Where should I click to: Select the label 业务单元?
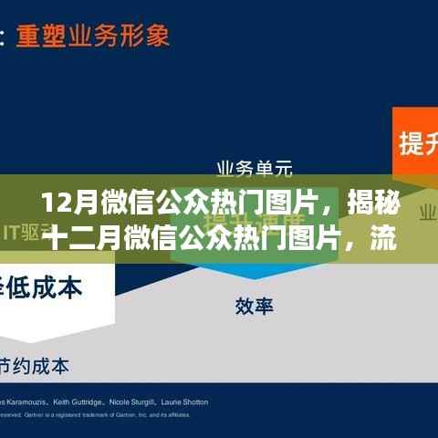point(254,168)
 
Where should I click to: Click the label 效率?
point(254,307)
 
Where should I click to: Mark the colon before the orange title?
point(4,36)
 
